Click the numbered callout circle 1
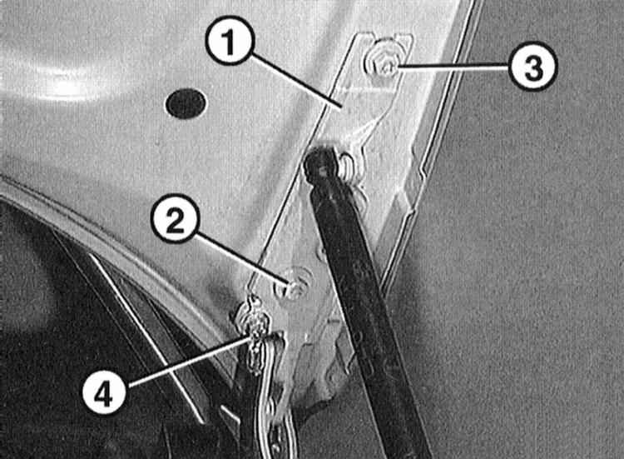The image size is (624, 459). coord(230,40)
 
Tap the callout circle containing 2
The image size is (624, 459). coord(175,220)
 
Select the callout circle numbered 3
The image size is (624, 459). coord(532,67)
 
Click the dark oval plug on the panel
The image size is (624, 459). coord(186,103)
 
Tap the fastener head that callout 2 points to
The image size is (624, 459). coord(294,284)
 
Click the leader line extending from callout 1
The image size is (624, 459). coord(296,82)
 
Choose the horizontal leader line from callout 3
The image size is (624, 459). coord(453,67)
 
